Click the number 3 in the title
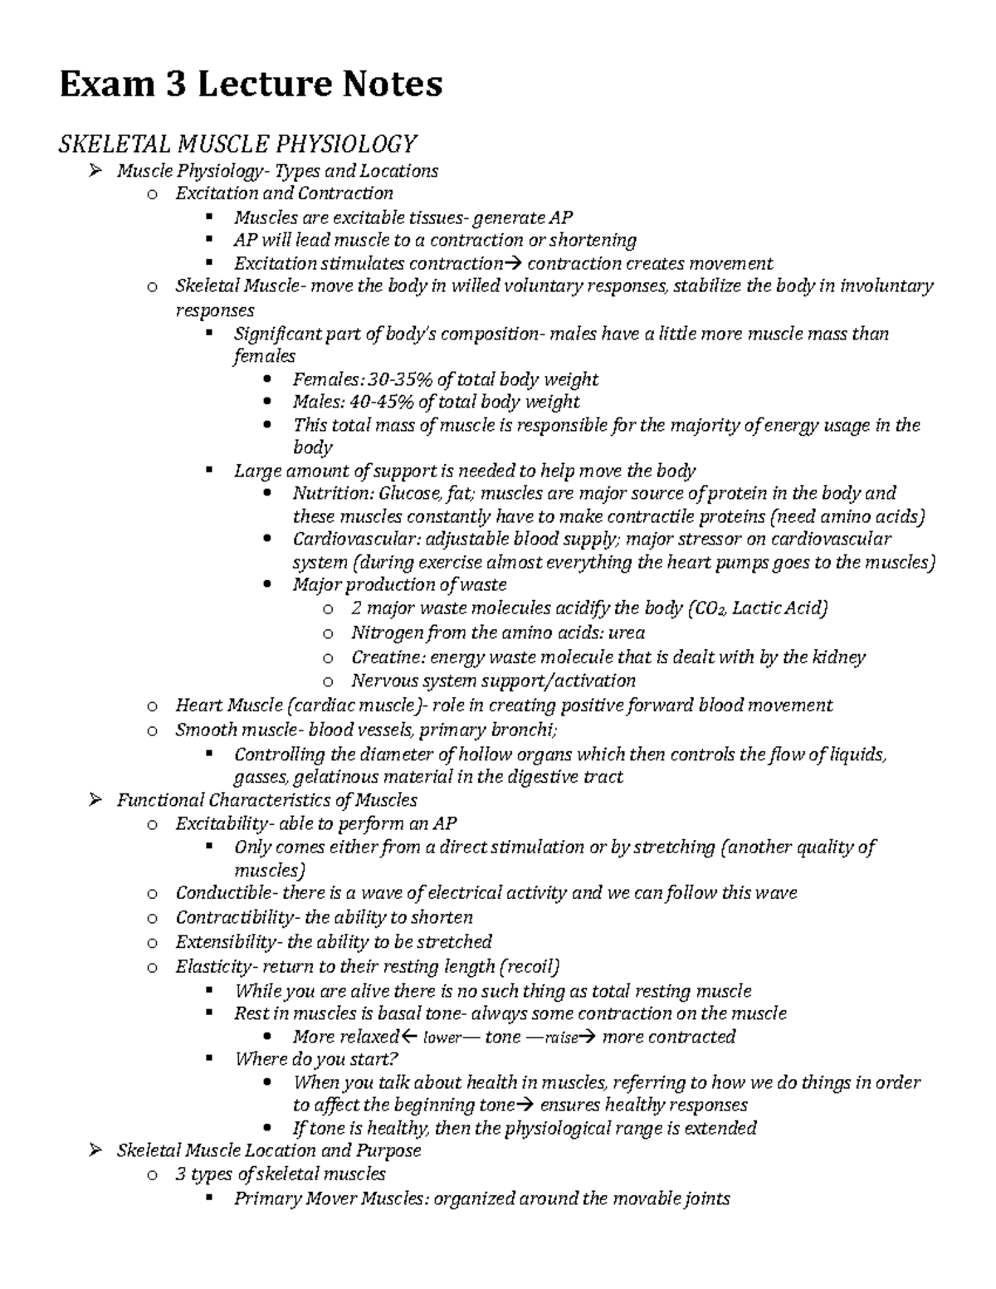point(175,85)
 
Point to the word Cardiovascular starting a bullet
point(357,539)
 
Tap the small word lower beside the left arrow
point(442,1038)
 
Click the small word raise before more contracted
point(560,1038)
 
